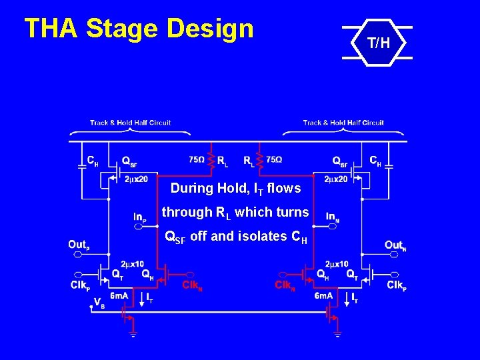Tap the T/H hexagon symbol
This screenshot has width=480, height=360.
coord(377,44)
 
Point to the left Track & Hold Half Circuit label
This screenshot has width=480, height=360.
coord(131,122)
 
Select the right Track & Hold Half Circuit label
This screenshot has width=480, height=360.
coord(343,122)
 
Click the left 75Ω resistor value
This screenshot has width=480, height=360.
coord(197,160)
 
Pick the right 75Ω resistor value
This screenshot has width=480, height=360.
coord(274,160)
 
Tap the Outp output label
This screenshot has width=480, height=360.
coord(78,245)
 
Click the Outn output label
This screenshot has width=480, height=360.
coord(394,245)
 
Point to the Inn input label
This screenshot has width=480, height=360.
coord(332,216)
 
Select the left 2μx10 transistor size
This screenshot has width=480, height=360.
coord(132,264)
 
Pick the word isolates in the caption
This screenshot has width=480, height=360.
coord(255,236)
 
